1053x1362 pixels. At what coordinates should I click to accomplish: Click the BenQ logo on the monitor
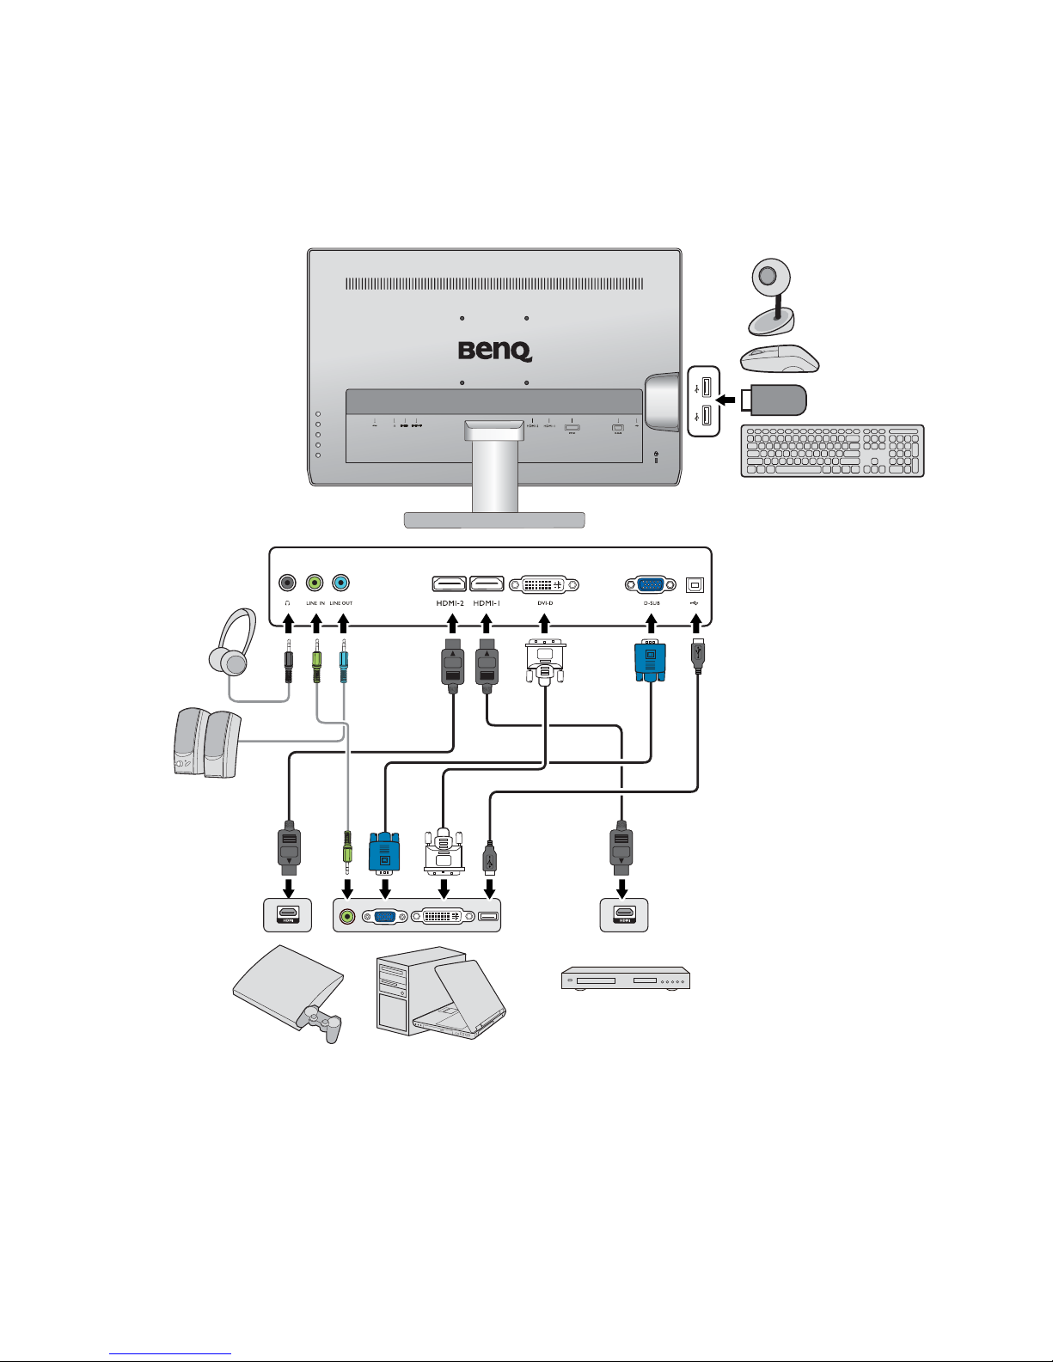tap(494, 351)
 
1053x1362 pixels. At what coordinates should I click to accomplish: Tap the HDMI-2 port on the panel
tap(449, 584)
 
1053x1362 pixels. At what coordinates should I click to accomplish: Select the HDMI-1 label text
tap(487, 603)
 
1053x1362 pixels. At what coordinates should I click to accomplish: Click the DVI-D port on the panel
tap(544, 584)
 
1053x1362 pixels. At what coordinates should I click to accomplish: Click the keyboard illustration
tap(832, 450)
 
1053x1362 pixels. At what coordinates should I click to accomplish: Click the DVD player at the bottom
tap(626, 980)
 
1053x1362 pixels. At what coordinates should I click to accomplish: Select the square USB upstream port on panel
tap(695, 584)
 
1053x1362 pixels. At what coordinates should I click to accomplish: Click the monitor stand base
tap(494, 520)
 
